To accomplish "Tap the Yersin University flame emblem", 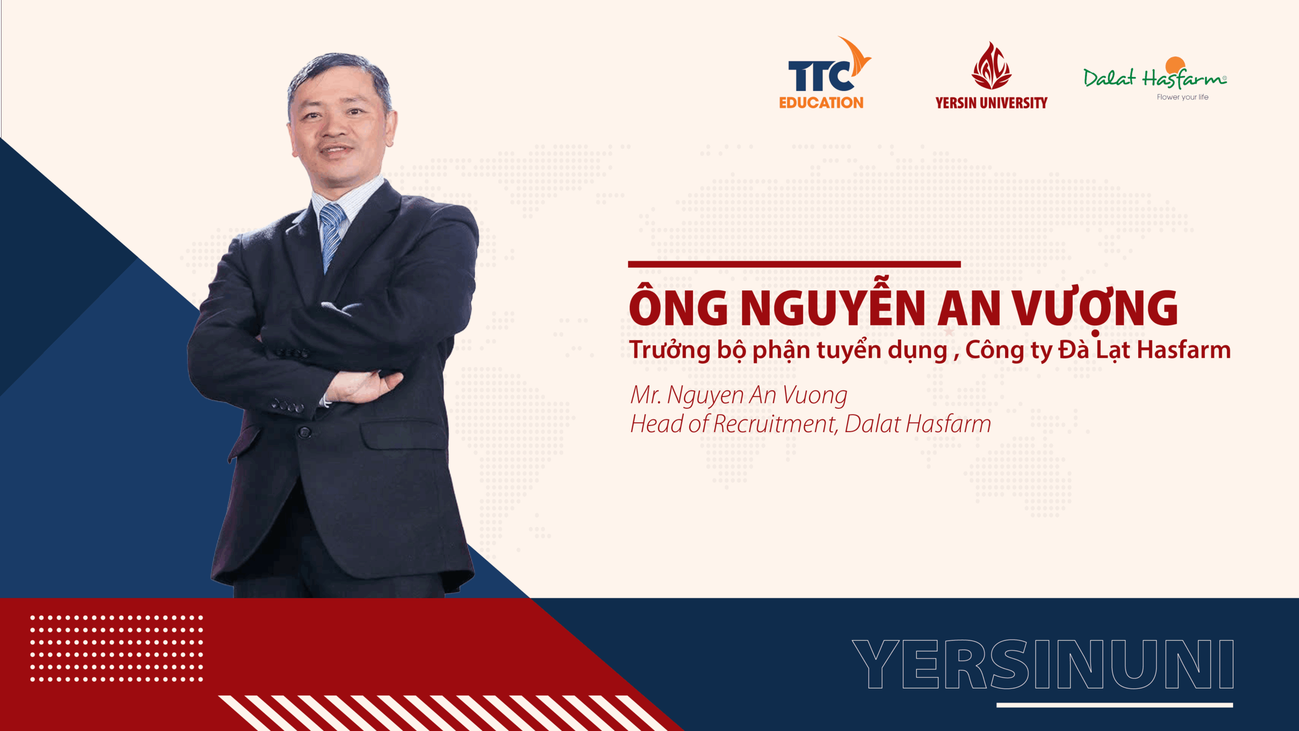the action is (x=991, y=65).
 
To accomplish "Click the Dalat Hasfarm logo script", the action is (x=1155, y=76).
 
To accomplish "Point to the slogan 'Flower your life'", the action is (x=1182, y=97).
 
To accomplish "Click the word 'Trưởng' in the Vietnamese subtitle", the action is (x=669, y=350).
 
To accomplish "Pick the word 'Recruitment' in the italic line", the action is (x=774, y=424).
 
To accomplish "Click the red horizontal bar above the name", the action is (x=794, y=264).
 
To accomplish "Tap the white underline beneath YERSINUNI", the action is (x=1115, y=705).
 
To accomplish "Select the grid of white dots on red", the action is (x=116, y=648).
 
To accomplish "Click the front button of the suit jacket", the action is (x=304, y=433).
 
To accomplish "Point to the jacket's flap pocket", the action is (x=403, y=435).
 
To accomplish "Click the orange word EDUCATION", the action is (x=821, y=103).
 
